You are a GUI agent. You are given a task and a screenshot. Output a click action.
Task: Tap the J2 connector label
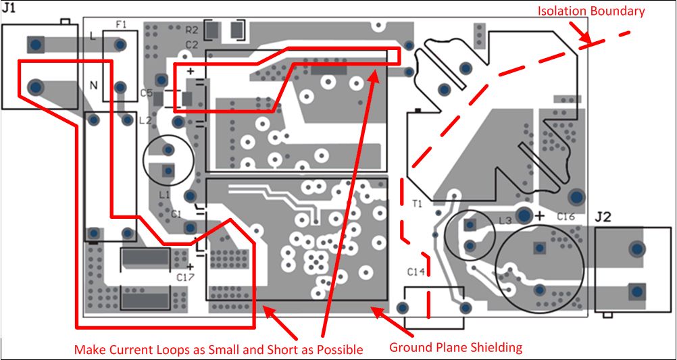(603, 217)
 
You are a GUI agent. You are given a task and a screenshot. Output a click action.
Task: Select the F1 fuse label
(121, 24)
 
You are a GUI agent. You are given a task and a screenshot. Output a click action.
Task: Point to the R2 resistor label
(191, 30)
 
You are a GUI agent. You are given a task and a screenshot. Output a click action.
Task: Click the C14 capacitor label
(416, 272)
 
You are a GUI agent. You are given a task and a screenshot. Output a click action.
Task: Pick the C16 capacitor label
(566, 216)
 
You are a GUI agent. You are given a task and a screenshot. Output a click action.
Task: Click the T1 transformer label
(416, 203)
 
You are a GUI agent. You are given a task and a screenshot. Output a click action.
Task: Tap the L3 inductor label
(505, 221)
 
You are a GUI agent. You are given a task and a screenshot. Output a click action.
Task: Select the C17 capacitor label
(184, 277)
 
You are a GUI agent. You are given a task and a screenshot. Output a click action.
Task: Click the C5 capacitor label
(146, 93)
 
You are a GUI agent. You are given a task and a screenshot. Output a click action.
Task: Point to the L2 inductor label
(145, 121)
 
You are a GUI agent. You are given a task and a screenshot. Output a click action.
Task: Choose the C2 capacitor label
(191, 45)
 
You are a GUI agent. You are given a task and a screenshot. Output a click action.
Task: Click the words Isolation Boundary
(591, 11)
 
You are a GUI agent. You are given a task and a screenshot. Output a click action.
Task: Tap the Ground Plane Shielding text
(455, 348)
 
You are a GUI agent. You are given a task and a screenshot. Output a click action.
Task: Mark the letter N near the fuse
(94, 85)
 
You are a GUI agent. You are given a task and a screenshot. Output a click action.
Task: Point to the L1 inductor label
(164, 195)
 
